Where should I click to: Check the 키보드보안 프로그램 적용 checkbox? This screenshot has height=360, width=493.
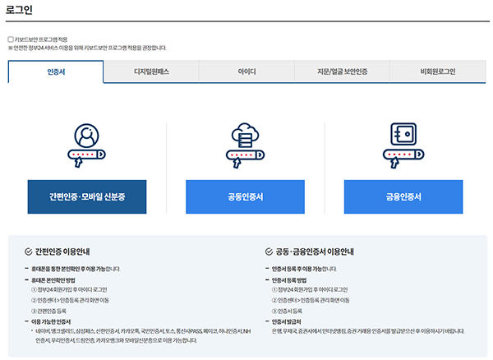(11, 39)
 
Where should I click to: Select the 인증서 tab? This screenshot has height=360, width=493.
(56, 72)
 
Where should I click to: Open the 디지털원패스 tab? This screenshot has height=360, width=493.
(151, 72)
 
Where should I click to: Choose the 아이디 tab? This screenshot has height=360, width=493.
(246, 72)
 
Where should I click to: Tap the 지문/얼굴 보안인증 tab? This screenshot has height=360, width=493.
(342, 72)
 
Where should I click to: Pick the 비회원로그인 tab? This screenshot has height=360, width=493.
(437, 72)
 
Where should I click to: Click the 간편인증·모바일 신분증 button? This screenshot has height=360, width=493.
(86, 197)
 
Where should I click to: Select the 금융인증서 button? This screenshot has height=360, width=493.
(403, 197)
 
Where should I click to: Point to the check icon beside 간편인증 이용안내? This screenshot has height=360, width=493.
(29, 252)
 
